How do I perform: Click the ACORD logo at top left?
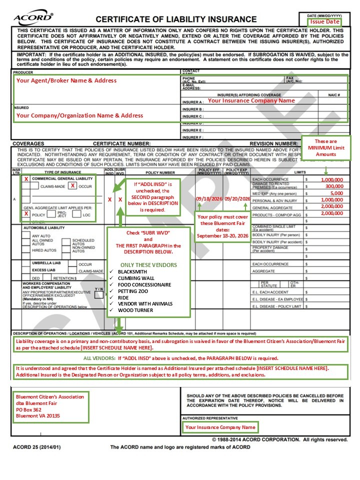coord(33,18)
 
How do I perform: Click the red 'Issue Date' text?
coord(325,21)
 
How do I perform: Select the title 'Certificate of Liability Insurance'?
coord(176,19)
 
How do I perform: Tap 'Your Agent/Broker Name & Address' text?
coord(66,80)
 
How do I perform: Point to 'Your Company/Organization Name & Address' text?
coord(79,115)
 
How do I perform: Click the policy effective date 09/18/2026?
coord(208,198)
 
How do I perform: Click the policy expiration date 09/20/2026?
coord(237,198)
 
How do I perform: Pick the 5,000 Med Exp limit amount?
coord(336,193)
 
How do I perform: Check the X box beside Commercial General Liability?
coord(25,178)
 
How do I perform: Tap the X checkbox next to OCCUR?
coord(72,186)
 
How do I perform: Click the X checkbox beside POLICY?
coord(25,213)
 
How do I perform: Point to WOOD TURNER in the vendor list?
coord(135,310)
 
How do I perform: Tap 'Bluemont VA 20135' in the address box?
coord(38,415)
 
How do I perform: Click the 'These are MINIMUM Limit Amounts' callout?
coord(326,148)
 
